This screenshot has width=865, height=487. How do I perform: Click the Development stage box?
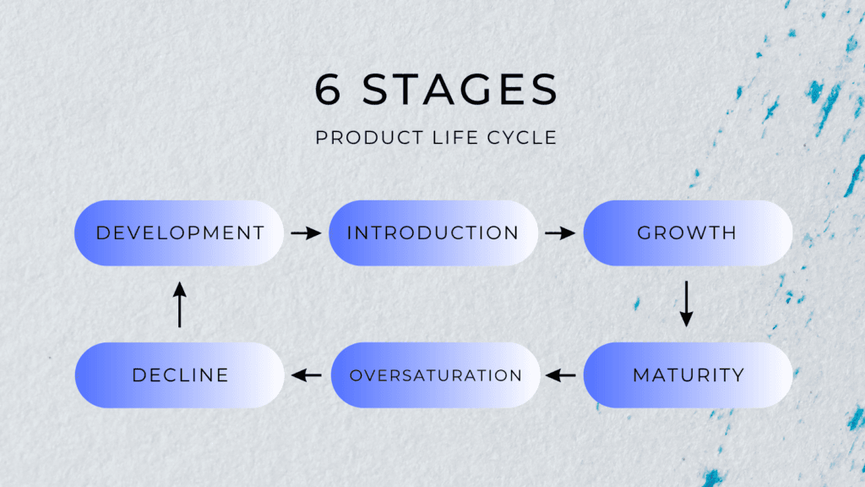click(180, 233)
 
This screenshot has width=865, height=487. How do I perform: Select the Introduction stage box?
click(433, 233)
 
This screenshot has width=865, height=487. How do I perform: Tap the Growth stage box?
click(687, 233)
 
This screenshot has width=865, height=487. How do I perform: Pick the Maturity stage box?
click(687, 375)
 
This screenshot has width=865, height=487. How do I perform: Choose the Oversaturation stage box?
click(435, 375)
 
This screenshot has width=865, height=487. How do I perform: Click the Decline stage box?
click(180, 375)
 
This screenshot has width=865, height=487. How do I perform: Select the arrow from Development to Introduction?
click(306, 233)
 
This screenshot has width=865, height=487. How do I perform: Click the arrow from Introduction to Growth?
click(560, 233)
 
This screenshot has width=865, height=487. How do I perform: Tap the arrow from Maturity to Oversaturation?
click(561, 375)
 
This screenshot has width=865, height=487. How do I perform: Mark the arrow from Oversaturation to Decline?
click(306, 375)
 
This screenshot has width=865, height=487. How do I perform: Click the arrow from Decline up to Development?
click(179, 304)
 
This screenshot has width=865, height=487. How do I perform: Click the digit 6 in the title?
click(328, 90)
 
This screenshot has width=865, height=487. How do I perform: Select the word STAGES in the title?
click(461, 90)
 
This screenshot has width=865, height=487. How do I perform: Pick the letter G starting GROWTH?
click(645, 233)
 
